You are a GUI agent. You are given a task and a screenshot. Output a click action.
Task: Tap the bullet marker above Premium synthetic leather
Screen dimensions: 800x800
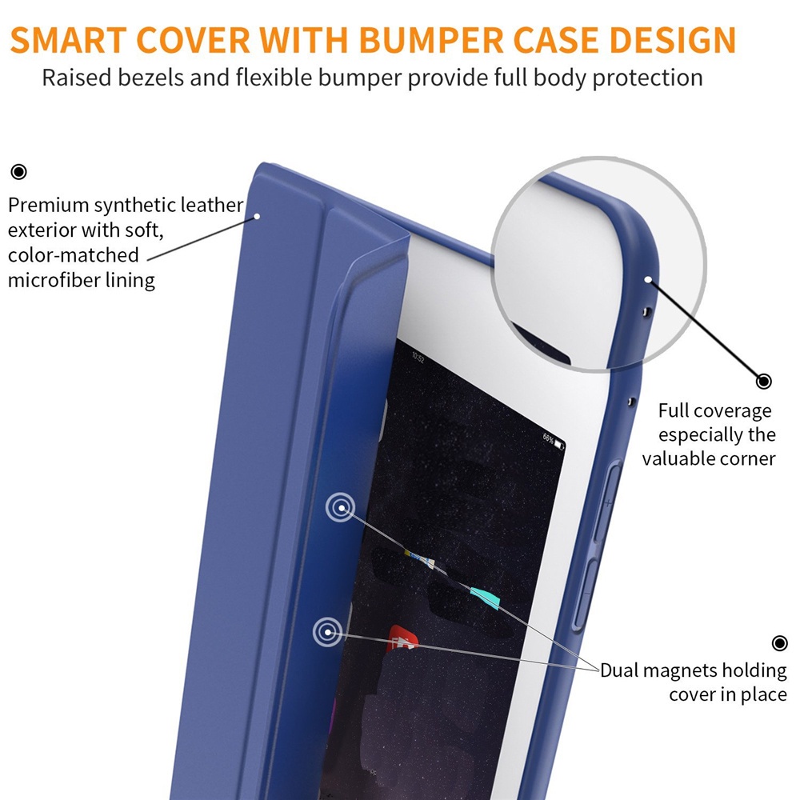click(x=18, y=171)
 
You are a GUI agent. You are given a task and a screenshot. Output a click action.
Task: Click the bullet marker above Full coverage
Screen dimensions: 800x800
click(x=763, y=381)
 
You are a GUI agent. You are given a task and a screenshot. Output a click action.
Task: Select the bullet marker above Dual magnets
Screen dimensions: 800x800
click(x=780, y=643)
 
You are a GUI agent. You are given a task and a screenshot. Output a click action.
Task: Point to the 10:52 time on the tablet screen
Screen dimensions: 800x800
click(x=418, y=359)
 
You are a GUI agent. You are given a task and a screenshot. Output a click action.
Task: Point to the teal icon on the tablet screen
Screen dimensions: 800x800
click(x=485, y=596)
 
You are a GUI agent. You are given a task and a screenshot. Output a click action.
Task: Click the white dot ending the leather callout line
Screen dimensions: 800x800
click(x=258, y=215)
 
